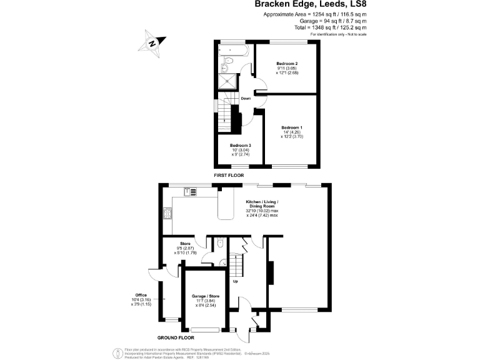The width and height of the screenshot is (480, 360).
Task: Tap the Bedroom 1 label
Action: [291, 128]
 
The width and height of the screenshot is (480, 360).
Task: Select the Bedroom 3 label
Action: [239, 146]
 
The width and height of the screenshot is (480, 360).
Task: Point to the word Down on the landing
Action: [246, 99]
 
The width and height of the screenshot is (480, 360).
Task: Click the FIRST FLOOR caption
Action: [228, 176]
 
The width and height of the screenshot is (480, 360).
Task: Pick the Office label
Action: [141, 295]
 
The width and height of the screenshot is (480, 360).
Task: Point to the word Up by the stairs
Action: [235, 281]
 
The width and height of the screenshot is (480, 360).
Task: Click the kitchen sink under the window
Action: [191, 192]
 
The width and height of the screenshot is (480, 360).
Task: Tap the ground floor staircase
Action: [234, 265]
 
